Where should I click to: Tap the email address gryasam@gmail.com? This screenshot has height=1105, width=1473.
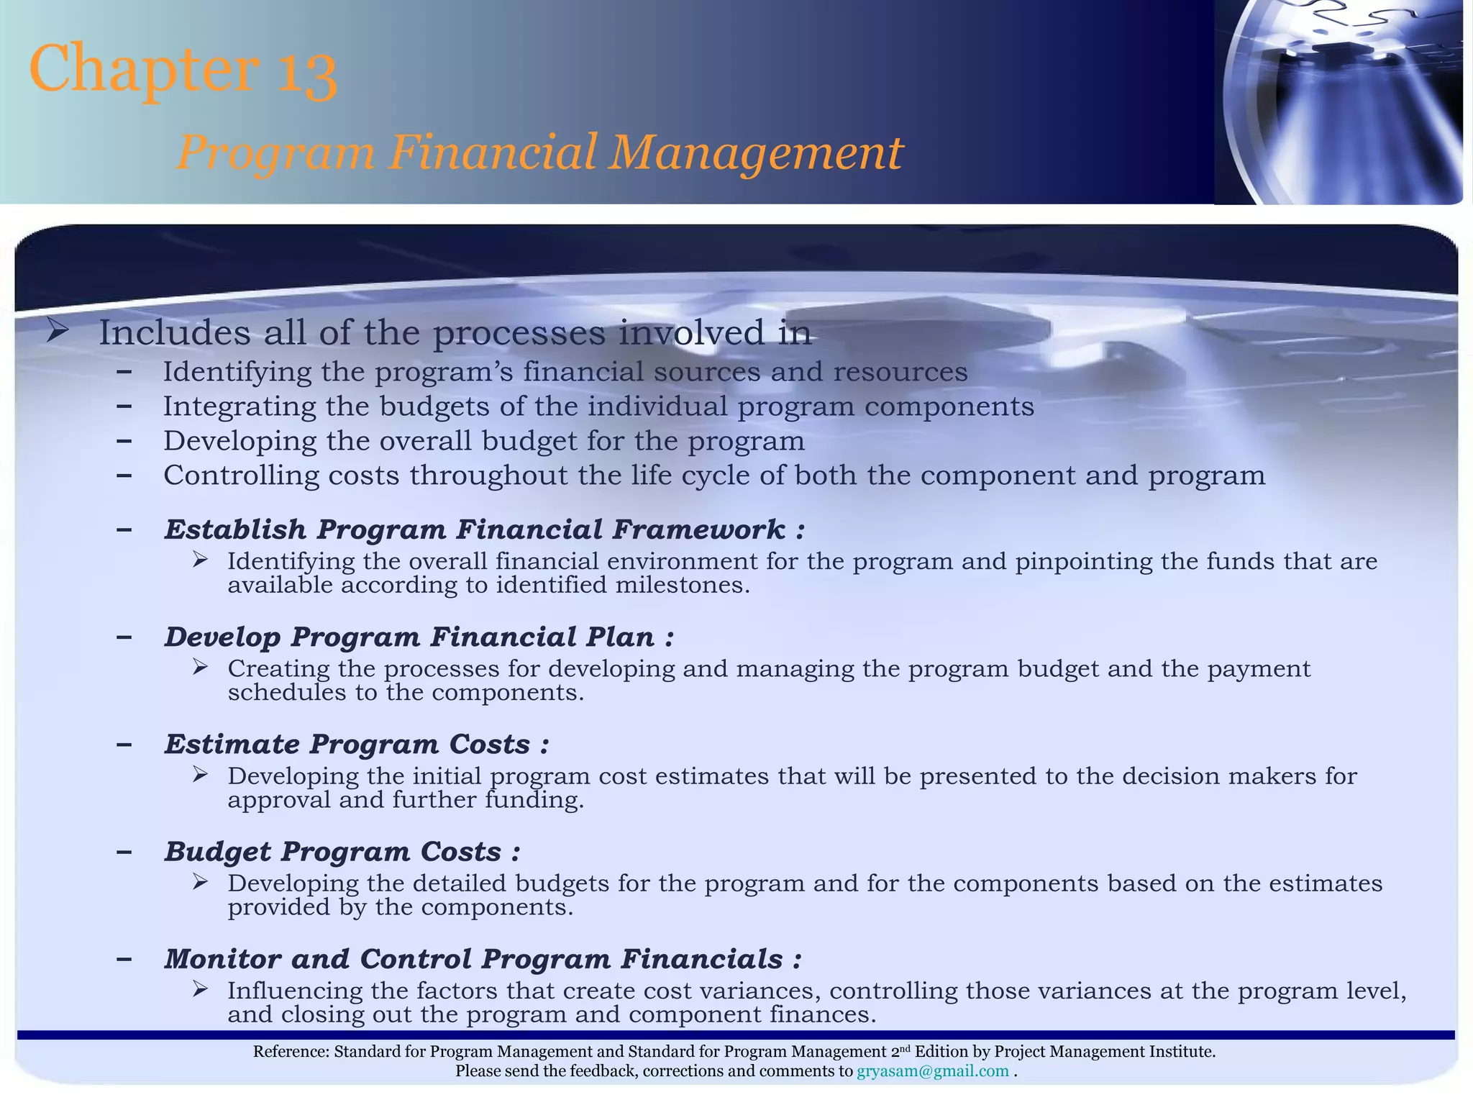point(933,1071)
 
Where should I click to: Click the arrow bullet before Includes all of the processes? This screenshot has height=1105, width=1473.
point(57,332)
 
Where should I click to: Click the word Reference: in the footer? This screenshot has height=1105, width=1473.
point(291,1052)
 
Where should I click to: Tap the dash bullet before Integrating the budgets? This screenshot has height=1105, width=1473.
point(124,406)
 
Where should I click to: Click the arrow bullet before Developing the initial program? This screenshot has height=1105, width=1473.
point(200,774)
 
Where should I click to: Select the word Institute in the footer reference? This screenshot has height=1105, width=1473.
point(1180,1052)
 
